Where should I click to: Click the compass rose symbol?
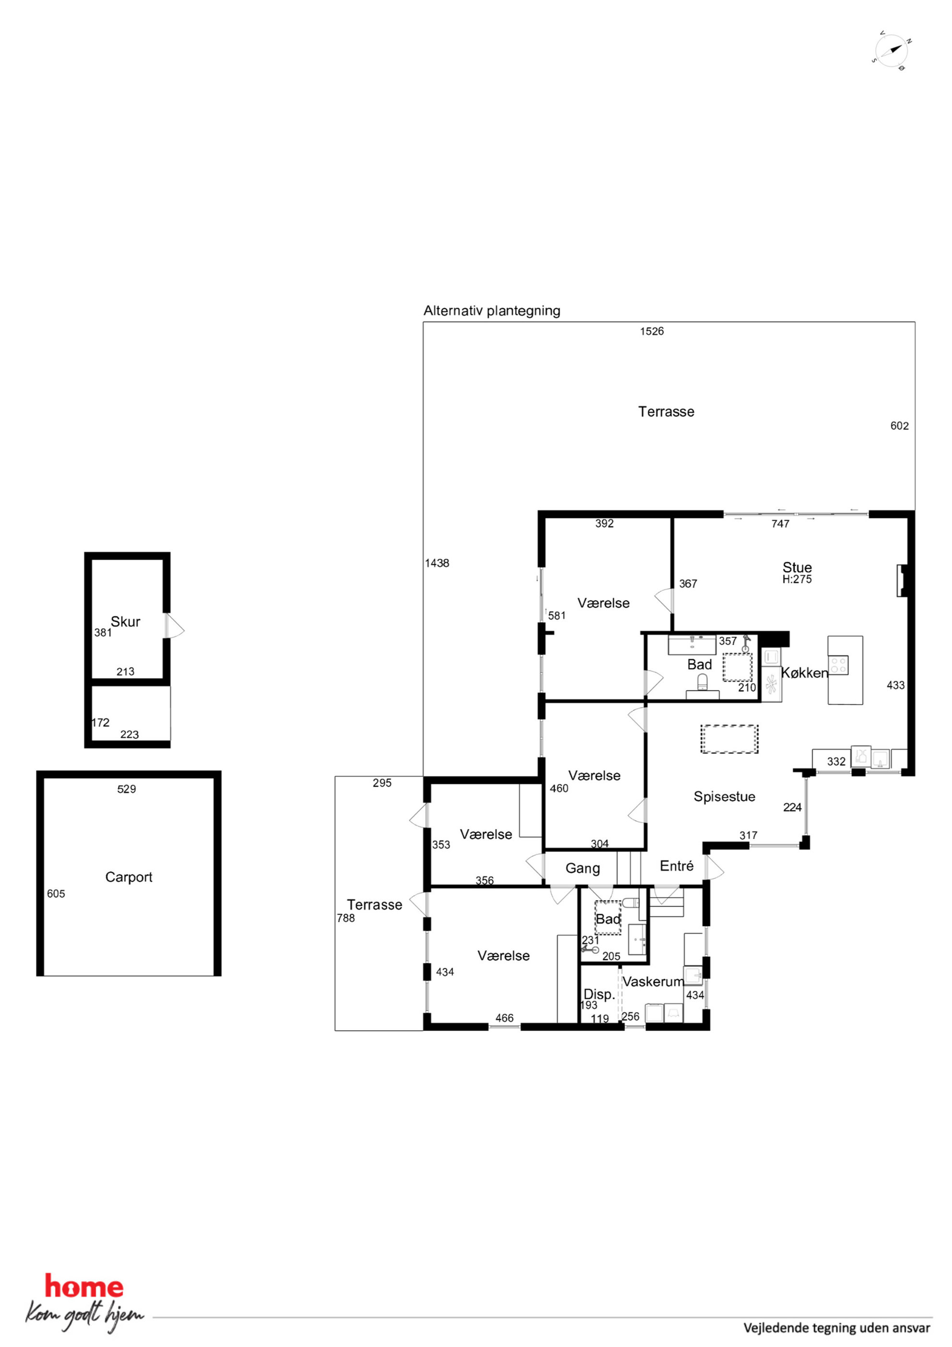(891, 50)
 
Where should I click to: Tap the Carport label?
(129, 877)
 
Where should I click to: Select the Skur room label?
(126, 621)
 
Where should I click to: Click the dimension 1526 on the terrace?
(652, 332)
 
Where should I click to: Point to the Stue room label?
(797, 567)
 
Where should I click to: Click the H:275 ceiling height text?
(797, 579)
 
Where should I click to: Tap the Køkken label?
(804, 673)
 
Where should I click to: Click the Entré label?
(676, 866)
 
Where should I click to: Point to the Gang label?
(583, 868)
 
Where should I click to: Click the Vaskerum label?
(653, 982)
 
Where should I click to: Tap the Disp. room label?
(599, 995)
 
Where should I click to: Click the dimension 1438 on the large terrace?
(437, 563)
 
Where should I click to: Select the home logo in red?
(84, 1287)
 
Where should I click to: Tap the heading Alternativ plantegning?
(491, 311)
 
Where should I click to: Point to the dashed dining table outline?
(729, 739)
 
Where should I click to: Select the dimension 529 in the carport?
(127, 789)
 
